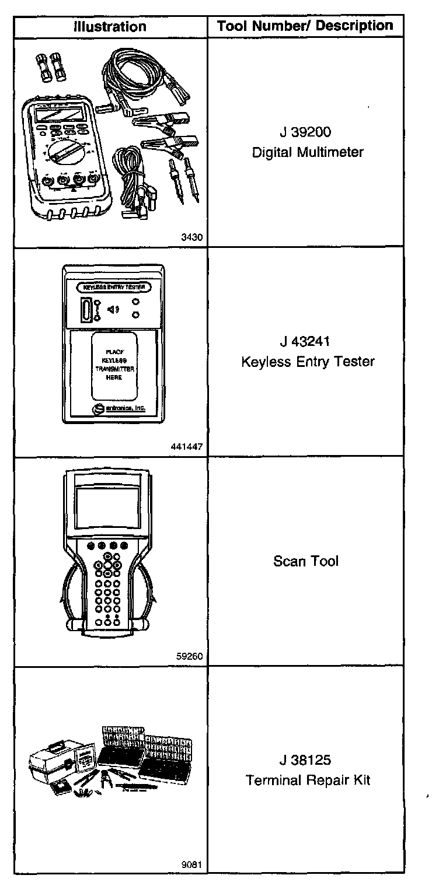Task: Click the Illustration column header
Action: coord(110,27)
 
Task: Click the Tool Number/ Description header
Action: coord(305,26)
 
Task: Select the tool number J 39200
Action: coord(308,132)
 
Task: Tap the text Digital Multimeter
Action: coord(308,153)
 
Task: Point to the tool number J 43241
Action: coord(308,341)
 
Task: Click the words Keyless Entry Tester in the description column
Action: coord(308,362)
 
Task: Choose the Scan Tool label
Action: coord(306,562)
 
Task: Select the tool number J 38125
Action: coord(308,760)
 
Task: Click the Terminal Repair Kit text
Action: coord(308,780)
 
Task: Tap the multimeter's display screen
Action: coord(57,114)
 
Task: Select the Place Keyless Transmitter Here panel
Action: coord(114,365)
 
